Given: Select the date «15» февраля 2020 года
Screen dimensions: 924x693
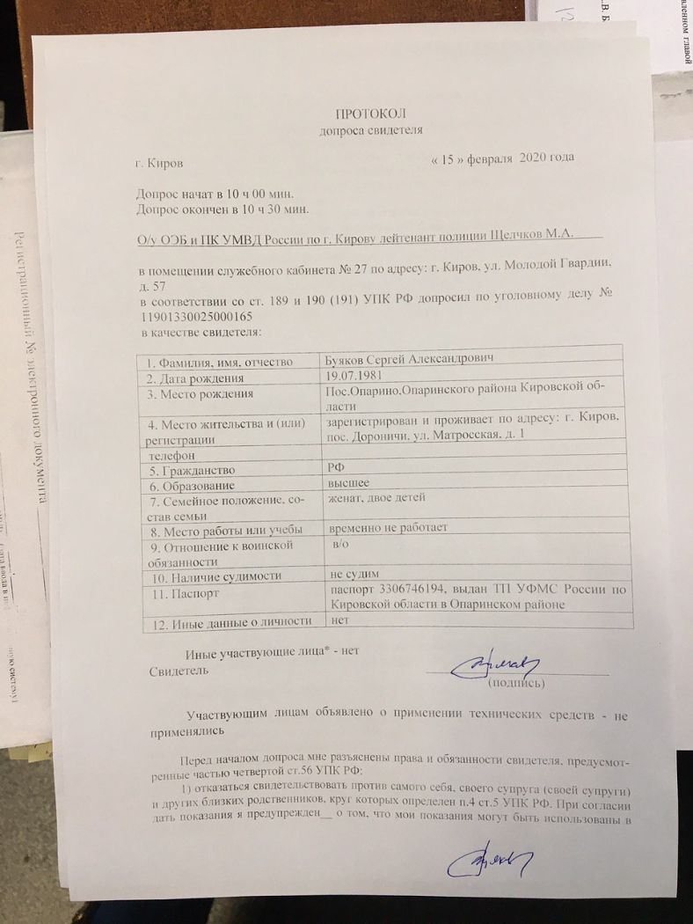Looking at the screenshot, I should (504, 158).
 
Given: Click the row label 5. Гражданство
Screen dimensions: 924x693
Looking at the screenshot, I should (192, 471).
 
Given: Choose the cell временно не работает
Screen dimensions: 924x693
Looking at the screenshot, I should (388, 528).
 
